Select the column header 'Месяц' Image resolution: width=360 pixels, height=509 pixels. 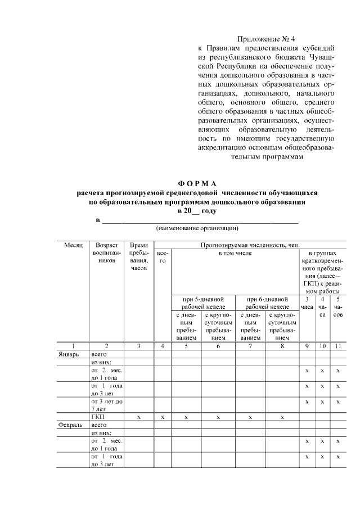point(73,245)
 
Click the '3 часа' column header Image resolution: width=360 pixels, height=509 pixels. point(307,304)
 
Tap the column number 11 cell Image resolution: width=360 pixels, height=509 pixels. point(338,346)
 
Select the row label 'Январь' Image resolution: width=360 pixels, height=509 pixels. point(69,355)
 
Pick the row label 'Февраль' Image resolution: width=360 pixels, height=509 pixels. point(70,426)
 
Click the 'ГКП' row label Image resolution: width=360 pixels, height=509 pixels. point(97,417)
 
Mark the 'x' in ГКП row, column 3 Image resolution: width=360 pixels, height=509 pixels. point(138,417)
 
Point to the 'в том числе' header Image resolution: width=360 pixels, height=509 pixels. point(235,254)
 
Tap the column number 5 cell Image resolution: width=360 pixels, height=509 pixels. point(186,346)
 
